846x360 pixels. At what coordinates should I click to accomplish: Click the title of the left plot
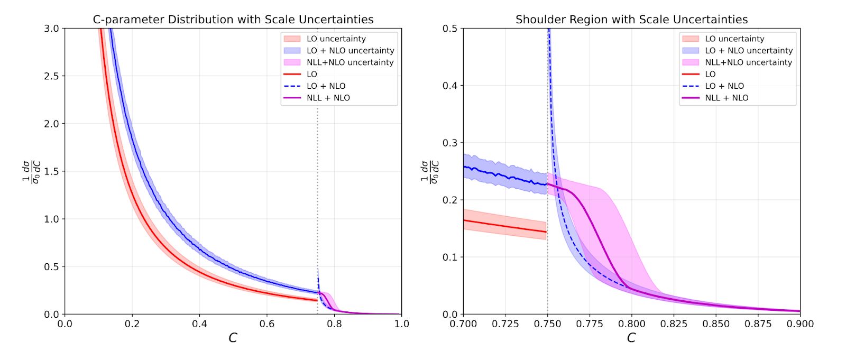point(233,20)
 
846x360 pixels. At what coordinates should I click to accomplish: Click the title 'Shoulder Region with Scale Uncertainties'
point(631,20)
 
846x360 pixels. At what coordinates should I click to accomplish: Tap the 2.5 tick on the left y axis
point(51,76)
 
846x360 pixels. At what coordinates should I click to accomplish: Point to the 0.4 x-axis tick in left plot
point(200,324)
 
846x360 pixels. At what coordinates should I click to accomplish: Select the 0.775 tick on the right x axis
point(590,324)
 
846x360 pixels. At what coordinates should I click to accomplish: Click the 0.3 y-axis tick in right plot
point(449,143)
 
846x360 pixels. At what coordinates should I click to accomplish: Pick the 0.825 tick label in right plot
point(674,324)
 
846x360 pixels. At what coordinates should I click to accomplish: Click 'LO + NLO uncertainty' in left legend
point(350,51)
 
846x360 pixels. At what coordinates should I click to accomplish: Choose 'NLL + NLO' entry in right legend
point(727,98)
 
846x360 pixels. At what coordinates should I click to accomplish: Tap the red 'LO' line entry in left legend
point(312,75)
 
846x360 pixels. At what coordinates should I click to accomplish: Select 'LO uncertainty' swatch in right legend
point(691,39)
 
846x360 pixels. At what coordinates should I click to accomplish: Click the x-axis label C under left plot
point(233,338)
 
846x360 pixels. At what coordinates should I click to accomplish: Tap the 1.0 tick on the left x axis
point(402,324)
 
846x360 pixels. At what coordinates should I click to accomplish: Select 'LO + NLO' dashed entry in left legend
point(326,86)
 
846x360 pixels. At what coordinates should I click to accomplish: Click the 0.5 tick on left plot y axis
point(51,267)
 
